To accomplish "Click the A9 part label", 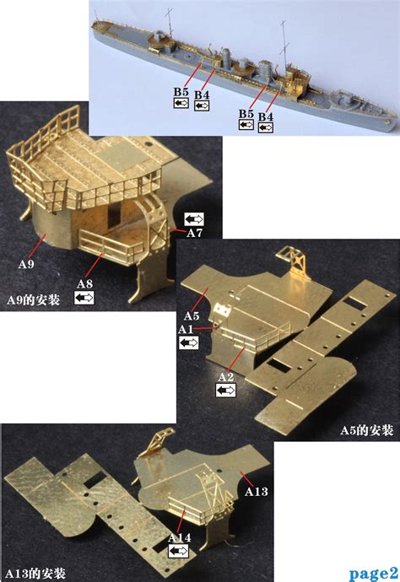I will [26, 264].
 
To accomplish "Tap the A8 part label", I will [85, 283].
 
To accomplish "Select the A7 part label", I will [194, 232].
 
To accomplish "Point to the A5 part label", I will [192, 315].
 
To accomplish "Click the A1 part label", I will [186, 328].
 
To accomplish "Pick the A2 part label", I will [225, 377].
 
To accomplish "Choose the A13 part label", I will [257, 492].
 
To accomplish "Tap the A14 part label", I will [179, 536].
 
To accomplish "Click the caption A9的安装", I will [33, 300].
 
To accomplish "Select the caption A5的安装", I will [367, 430].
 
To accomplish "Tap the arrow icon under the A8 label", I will [84, 298].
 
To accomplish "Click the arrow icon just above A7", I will [194, 218].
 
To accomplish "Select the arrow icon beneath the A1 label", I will [188, 342].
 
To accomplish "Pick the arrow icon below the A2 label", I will [226, 391].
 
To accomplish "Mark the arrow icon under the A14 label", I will [178, 551].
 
